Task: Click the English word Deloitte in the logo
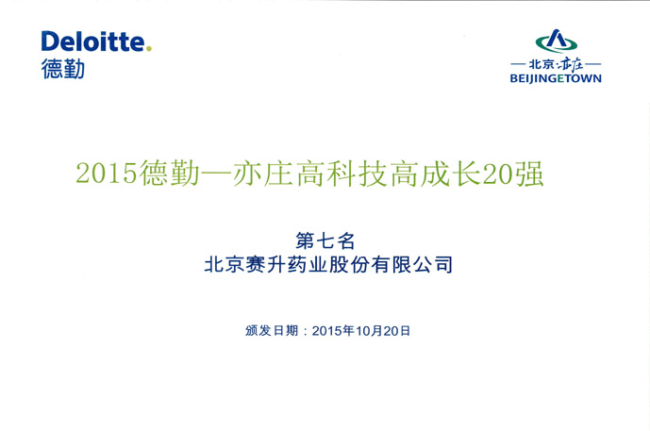(92, 41)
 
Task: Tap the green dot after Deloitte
(149, 49)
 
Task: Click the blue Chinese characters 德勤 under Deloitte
(63, 69)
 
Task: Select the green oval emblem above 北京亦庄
(557, 41)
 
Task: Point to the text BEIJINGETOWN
(556, 78)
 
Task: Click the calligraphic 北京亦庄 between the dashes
(556, 64)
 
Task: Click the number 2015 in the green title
(107, 174)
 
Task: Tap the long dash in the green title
(216, 174)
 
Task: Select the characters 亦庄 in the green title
(263, 174)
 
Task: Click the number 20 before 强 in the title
(497, 174)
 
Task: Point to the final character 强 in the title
(528, 174)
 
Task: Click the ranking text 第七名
(325, 240)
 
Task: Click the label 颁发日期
(272, 330)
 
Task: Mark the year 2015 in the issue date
(327, 331)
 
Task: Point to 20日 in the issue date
(397, 331)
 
